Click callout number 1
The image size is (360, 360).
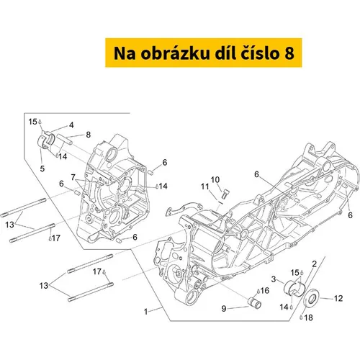click(145, 312)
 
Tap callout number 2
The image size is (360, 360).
click(314, 264)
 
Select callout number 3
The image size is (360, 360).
click(274, 279)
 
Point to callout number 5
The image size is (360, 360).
click(42, 168)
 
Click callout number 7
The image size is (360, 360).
click(73, 177)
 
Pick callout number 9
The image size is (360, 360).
click(224, 309)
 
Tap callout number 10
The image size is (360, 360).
click(215, 179)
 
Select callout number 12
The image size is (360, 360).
click(338, 298)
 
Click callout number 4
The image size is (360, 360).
click(71, 125)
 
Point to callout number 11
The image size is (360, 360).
click(204, 186)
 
